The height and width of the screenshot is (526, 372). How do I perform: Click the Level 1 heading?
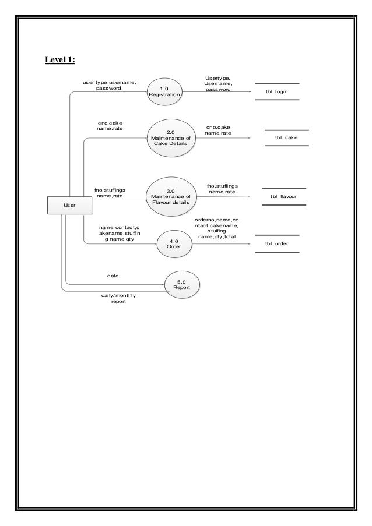point(64,59)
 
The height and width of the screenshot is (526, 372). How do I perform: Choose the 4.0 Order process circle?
point(173,243)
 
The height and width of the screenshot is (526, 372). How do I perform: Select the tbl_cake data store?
point(286,138)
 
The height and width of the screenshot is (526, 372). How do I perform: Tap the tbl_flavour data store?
point(284,197)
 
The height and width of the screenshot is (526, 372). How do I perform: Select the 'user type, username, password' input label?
point(109,86)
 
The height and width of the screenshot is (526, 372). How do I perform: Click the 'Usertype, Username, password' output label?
point(217,84)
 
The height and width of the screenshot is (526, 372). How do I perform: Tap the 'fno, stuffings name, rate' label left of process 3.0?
point(109,192)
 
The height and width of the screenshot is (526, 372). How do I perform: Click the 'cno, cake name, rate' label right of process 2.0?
point(217,129)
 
